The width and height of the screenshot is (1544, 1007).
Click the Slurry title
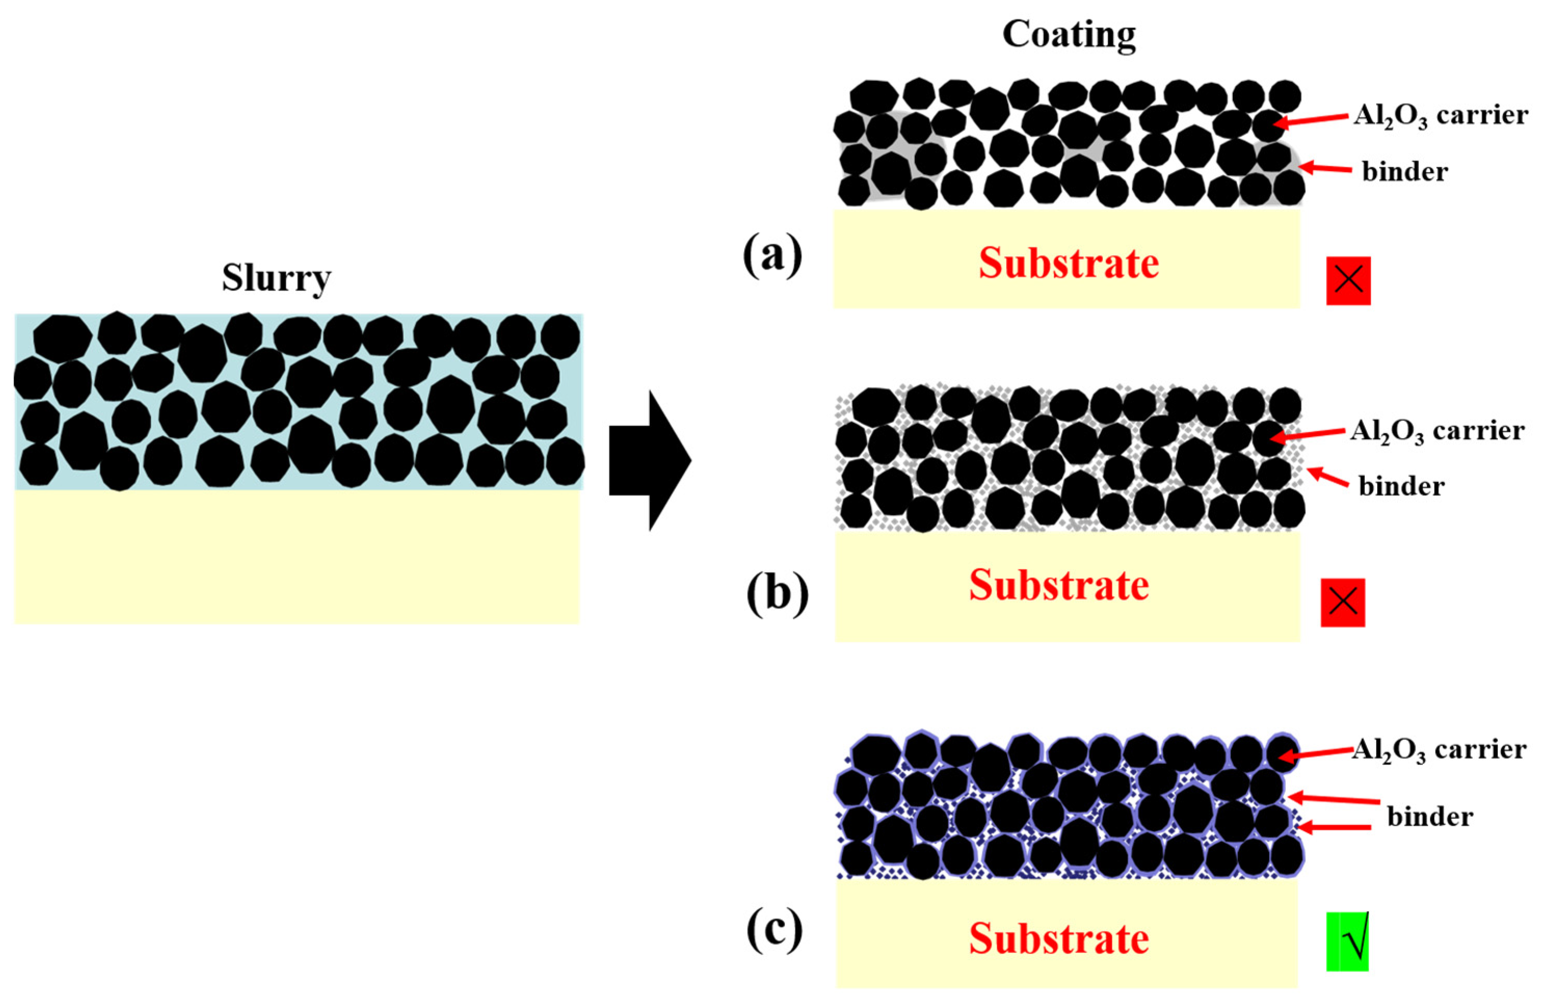(x=277, y=279)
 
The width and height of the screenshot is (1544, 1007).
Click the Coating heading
(x=1069, y=34)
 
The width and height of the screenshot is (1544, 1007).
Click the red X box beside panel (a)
(x=1348, y=280)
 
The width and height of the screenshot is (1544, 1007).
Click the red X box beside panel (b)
(x=1343, y=603)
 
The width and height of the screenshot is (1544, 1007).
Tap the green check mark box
(x=1347, y=942)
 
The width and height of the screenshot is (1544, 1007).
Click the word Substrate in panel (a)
(x=1069, y=263)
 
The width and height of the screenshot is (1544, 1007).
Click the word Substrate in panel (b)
(x=1059, y=585)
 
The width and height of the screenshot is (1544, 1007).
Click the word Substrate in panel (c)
(x=1059, y=938)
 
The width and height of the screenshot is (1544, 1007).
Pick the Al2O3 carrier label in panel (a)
(x=1440, y=116)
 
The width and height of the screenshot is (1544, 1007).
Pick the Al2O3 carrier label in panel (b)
(x=1437, y=431)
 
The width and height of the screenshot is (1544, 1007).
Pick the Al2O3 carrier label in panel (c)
(x=1439, y=750)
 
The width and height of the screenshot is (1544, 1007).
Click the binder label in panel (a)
(x=1405, y=172)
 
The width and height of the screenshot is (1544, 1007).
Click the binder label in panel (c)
(x=1430, y=816)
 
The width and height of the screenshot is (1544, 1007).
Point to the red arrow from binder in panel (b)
(x=1328, y=478)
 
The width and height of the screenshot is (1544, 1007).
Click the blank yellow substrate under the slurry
(x=297, y=556)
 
